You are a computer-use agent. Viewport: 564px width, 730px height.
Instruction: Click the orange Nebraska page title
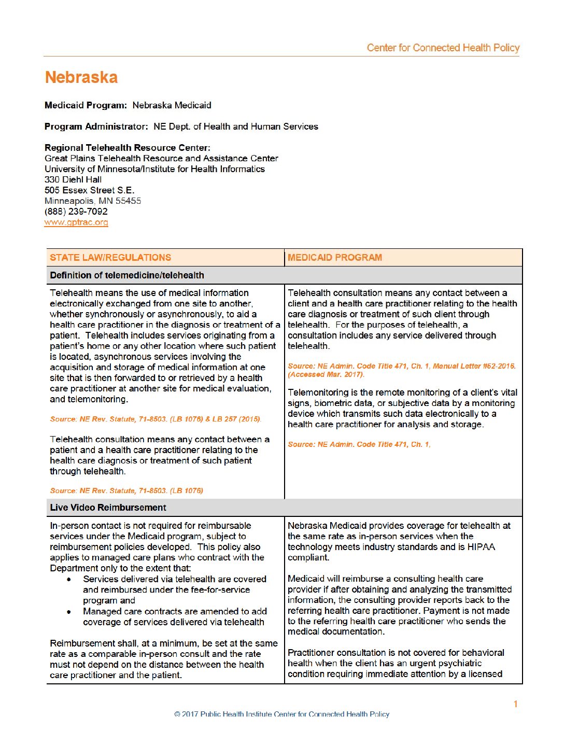pyautogui.click(x=81, y=78)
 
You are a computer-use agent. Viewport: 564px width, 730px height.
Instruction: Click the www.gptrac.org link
pyautogui.click(x=76, y=222)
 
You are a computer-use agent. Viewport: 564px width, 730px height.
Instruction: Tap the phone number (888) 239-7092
pyautogui.click(x=76, y=212)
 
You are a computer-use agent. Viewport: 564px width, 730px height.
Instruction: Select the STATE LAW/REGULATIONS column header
pyautogui.click(x=110, y=258)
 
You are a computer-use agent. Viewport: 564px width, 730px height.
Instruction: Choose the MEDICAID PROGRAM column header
pyautogui.click(x=335, y=258)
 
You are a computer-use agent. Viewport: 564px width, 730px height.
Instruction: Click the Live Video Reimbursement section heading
pyautogui.click(x=108, y=508)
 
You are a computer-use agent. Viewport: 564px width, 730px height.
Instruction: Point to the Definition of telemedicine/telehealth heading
pyautogui.click(x=127, y=275)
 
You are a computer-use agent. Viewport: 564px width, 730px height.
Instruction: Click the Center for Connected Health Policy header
pyautogui.click(x=443, y=48)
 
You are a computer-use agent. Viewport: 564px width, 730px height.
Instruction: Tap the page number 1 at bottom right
pyautogui.click(x=516, y=704)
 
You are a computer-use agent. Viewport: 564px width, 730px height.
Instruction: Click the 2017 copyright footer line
pyautogui.click(x=282, y=714)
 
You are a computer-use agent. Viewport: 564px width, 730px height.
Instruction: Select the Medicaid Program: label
pyautogui.click(x=86, y=105)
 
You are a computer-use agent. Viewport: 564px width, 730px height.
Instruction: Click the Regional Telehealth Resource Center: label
pyautogui.click(x=128, y=148)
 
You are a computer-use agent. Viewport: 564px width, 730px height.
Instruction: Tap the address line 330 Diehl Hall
pyautogui.click(x=73, y=179)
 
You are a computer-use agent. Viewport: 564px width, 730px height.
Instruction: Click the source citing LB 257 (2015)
pyautogui.click(x=156, y=419)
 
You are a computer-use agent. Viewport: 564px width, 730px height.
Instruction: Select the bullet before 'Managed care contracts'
pyautogui.click(x=69, y=612)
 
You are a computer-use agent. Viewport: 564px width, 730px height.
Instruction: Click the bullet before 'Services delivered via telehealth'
pyautogui.click(x=69, y=579)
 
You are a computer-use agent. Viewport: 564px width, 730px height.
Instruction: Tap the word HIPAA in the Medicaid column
pyautogui.click(x=482, y=547)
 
